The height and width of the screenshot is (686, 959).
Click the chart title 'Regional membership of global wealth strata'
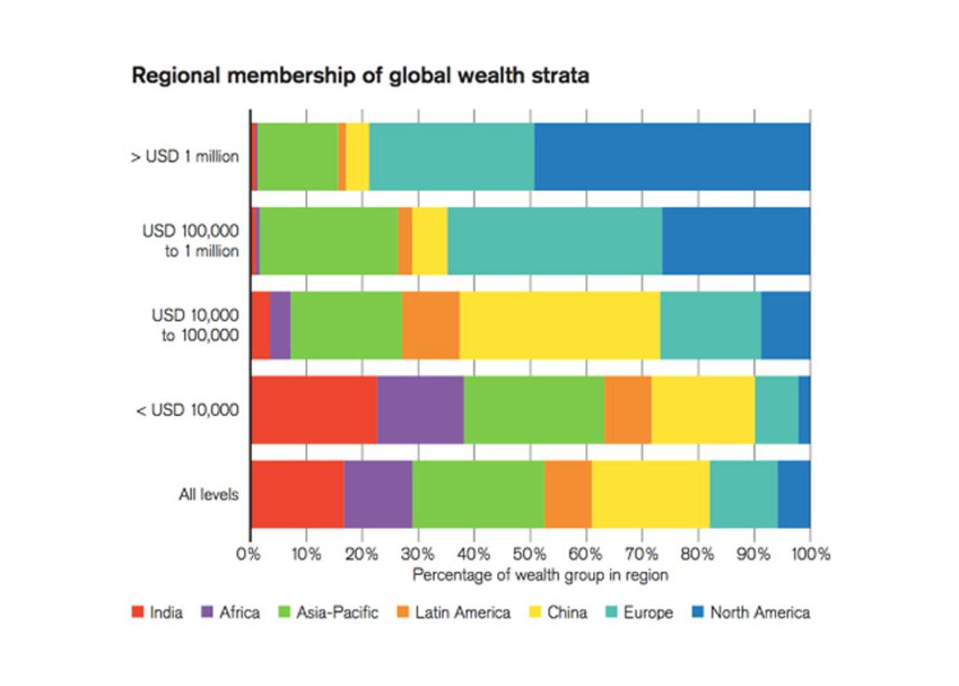[x=361, y=76]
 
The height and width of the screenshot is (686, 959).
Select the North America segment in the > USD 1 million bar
[x=672, y=156]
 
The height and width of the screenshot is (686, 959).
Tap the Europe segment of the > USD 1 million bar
[x=451, y=156]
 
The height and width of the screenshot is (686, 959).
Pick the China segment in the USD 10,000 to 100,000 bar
[x=559, y=325]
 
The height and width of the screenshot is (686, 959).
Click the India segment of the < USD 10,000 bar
[x=314, y=410]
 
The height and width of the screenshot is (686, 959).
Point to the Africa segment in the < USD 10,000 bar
[x=420, y=410]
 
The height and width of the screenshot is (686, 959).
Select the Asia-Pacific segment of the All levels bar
[x=479, y=494]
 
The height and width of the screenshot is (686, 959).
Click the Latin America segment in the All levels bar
[x=568, y=494]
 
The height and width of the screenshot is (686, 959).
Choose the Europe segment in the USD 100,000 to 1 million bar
[x=555, y=241]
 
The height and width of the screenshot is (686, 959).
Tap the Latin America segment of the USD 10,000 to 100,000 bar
[x=431, y=325]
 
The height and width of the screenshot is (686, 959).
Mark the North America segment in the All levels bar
[x=794, y=494]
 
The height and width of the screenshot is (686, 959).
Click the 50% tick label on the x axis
[x=529, y=554]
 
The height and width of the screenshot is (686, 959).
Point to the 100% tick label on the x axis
[x=811, y=554]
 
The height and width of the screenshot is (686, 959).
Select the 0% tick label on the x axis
[x=249, y=554]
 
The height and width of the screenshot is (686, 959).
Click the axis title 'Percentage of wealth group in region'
[x=540, y=575]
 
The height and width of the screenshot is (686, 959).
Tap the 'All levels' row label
[x=209, y=494]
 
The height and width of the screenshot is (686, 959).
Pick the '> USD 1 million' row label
[x=185, y=156]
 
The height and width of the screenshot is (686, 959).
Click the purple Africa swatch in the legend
[x=207, y=611]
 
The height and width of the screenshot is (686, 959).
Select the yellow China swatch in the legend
[x=535, y=611]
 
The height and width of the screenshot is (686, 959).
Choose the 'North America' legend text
[x=760, y=612]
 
